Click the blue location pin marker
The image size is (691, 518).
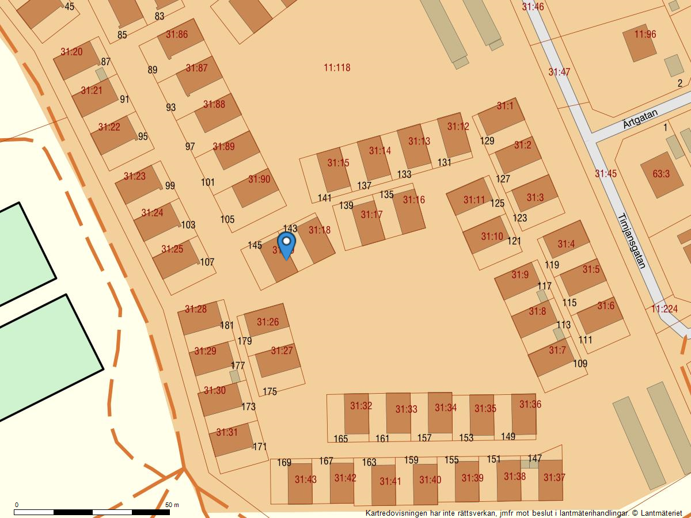point(286,244)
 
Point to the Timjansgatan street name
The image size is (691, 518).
point(631,242)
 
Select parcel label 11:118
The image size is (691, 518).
point(337,67)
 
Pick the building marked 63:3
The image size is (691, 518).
point(661,174)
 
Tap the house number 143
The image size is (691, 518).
point(290,228)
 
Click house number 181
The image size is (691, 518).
point(227,325)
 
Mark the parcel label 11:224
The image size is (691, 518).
point(665,309)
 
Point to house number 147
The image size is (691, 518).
point(534,459)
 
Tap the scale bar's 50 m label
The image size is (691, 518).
point(172,505)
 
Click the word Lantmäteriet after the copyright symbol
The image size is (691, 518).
point(661,512)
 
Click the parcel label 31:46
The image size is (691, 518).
point(533,6)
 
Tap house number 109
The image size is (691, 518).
point(580,364)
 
